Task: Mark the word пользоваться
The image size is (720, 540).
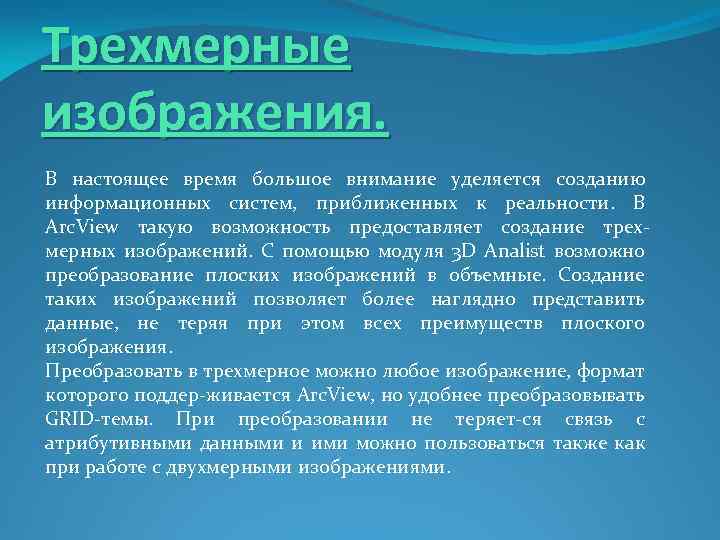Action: tap(485, 444)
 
